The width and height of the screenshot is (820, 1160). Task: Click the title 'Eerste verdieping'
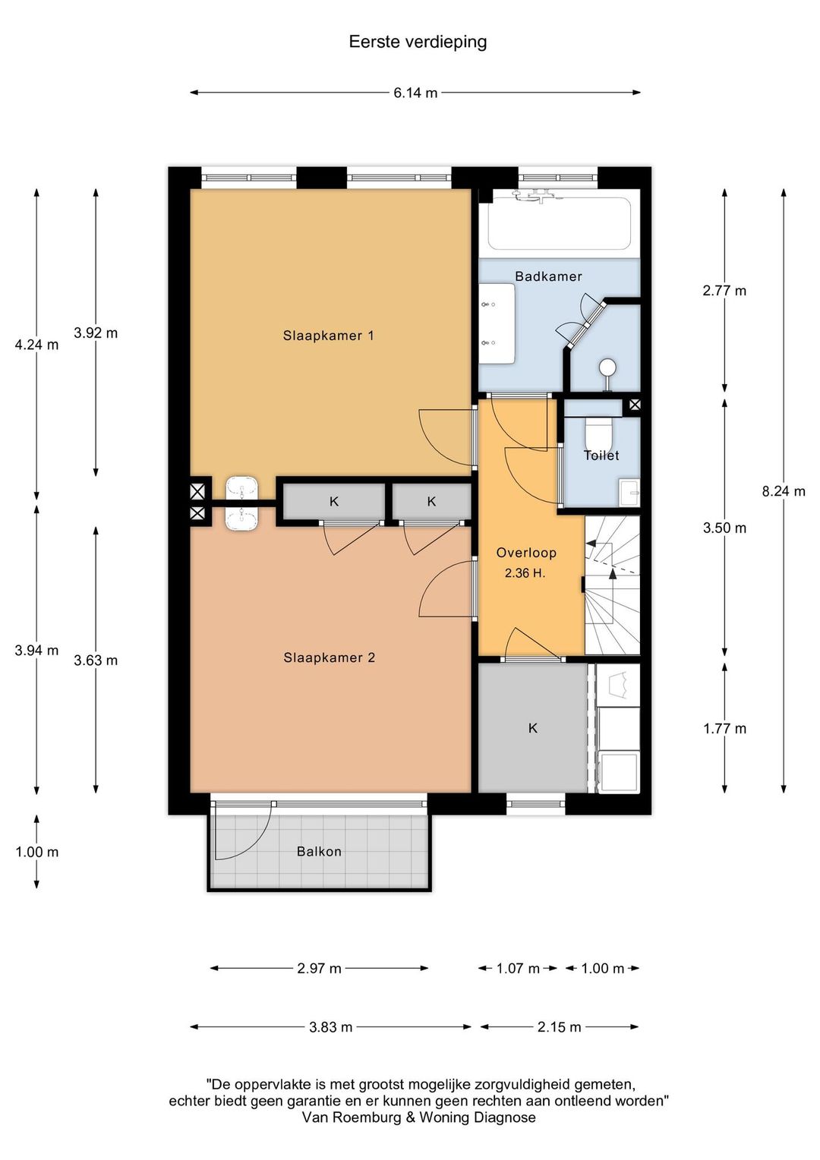[418, 42]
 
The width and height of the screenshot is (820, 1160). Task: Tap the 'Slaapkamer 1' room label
[329, 336]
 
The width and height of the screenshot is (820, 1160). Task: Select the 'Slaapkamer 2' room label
[329, 657]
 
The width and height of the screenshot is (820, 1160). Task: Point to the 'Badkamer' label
[548, 276]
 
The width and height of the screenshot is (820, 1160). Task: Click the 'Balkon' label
[319, 851]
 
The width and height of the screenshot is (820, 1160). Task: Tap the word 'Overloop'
[526, 553]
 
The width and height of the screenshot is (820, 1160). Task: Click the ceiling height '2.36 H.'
[525, 573]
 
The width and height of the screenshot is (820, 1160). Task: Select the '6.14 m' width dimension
[415, 93]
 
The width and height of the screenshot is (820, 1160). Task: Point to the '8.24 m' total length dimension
[784, 491]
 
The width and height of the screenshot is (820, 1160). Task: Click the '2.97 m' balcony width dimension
[319, 969]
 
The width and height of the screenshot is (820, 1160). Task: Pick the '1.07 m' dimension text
[518, 969]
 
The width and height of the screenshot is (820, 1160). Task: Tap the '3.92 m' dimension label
[96, 333]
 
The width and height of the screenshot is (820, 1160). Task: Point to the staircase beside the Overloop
[612, 585]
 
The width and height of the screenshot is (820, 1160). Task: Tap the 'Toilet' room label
[601, 455]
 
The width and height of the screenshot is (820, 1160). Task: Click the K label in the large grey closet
[532, 729]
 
